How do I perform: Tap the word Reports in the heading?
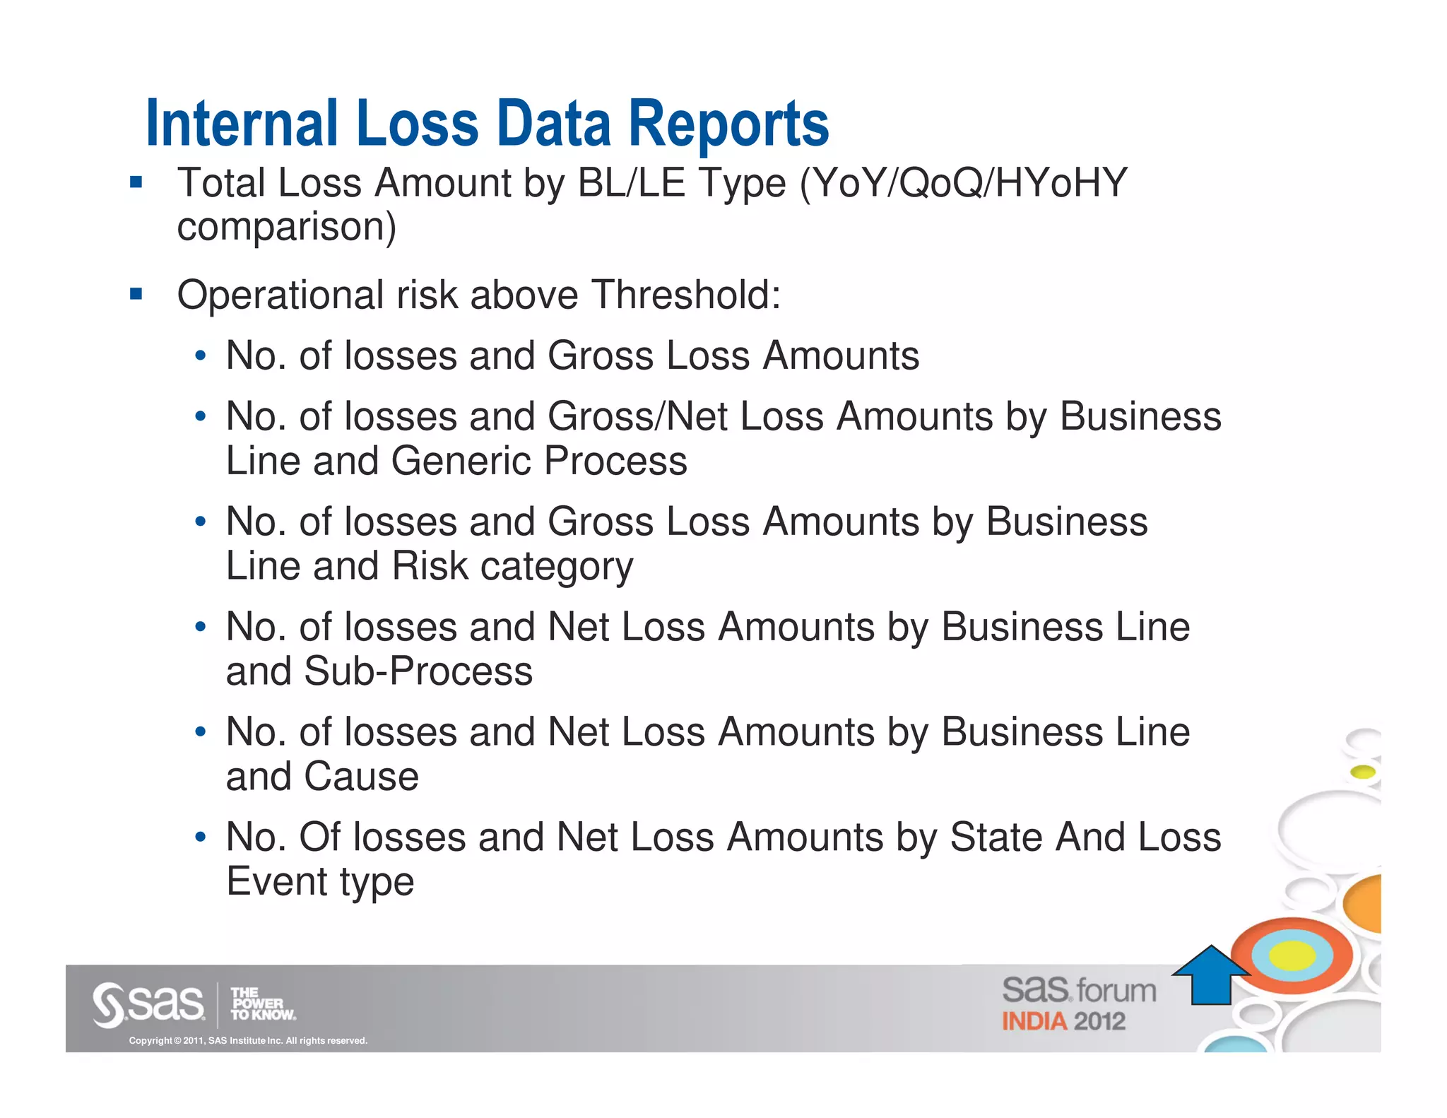728,125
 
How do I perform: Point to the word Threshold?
686,295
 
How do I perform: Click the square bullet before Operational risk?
136,294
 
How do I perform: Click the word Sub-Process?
418,671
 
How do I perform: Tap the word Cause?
361,777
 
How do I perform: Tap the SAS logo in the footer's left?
148,1004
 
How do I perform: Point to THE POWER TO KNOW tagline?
262,1004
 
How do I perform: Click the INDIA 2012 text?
1063,1022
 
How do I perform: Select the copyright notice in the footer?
248,1041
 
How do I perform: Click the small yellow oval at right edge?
1363,772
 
